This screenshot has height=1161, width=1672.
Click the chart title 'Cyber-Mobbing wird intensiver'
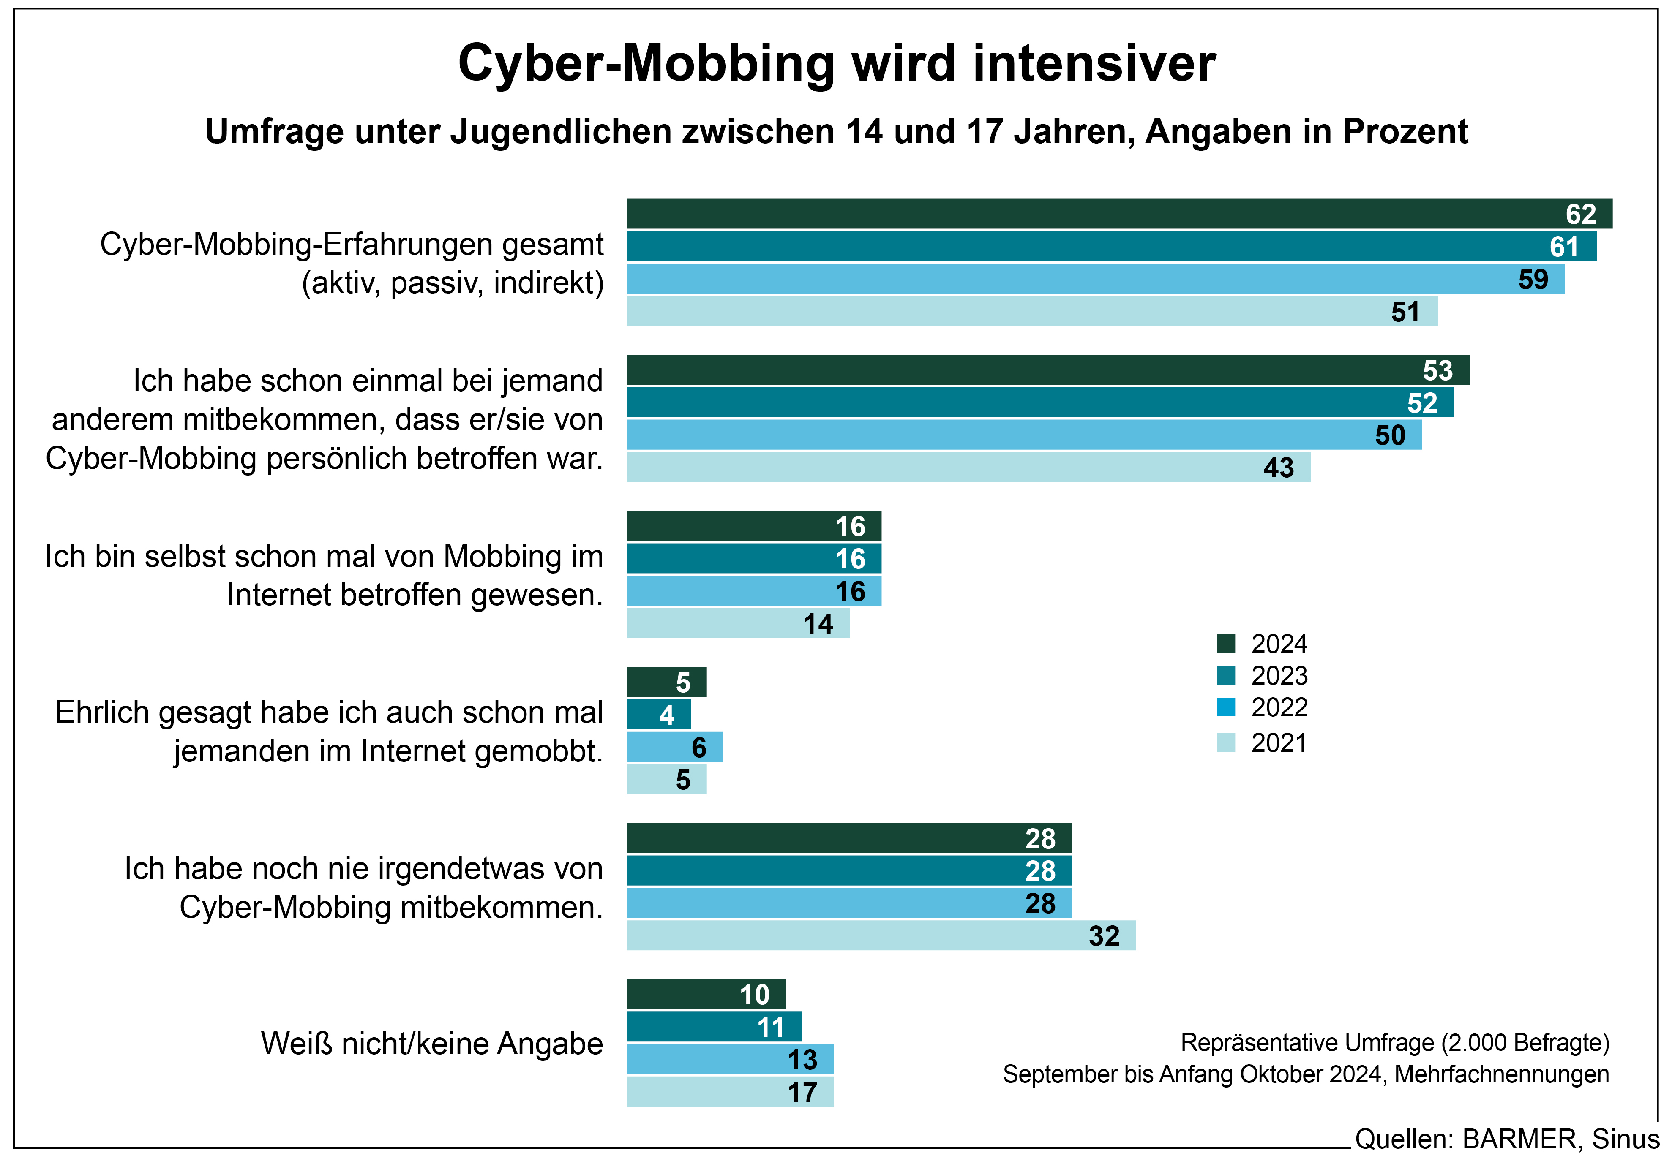pos(836,64)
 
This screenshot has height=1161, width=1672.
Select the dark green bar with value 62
pos(1118,214)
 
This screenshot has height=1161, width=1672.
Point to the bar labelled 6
pos(674,747)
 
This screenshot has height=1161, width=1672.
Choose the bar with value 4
pos(658,714)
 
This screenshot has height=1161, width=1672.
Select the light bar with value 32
pos(881,935)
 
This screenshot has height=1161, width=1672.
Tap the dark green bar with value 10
pos(706,995)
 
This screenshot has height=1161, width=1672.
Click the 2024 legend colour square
pos(1226,644)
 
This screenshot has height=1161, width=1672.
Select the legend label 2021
pos(1278,743)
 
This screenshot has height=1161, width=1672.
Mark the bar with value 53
pos(1048,370)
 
